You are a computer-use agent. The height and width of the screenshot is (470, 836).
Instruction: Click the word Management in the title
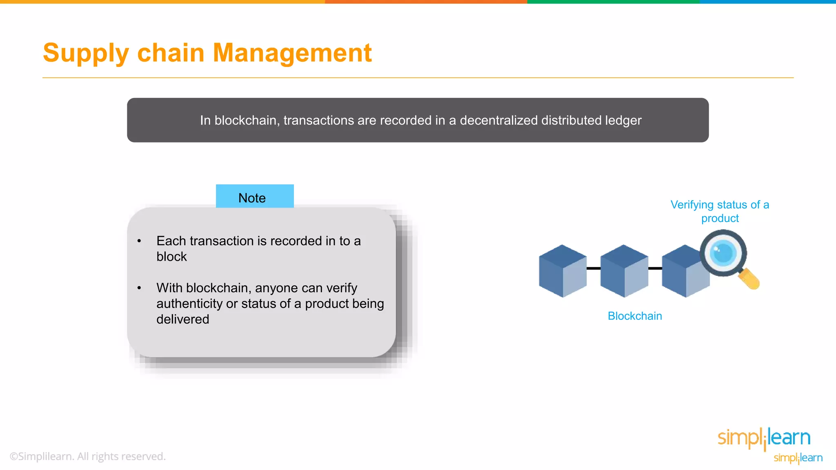[x=292, y=53]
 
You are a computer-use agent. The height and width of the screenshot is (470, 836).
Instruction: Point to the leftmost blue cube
[x=562, y=271]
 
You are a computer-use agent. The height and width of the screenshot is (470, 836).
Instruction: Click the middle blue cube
[x=624, y=271]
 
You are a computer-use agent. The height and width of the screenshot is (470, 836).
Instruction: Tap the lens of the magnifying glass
[x=723, y=253]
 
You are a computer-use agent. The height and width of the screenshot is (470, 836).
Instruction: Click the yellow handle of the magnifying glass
[x=749, y=279]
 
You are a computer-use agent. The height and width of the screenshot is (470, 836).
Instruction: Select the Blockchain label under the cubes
[x=634, y=316]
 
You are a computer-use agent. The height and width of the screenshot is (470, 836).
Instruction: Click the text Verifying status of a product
[x=720, y=211]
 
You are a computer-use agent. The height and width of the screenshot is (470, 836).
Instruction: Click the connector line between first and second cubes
[x=594, y=268]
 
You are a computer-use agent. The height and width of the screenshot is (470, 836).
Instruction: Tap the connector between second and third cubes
[x=655, y=268]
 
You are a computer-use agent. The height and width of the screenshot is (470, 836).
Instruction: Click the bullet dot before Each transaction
[x=139, y=241]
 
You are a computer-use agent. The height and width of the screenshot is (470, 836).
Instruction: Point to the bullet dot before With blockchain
[x=139, y=288]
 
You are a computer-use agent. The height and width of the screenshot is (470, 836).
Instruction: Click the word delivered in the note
[x=182, y=319]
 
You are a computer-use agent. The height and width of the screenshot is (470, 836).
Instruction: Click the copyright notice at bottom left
[x=87, y=456]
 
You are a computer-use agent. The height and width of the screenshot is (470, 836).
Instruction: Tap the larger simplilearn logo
[x=764, y=438]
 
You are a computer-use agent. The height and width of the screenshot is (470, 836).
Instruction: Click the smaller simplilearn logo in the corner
[x=798, y=458]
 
